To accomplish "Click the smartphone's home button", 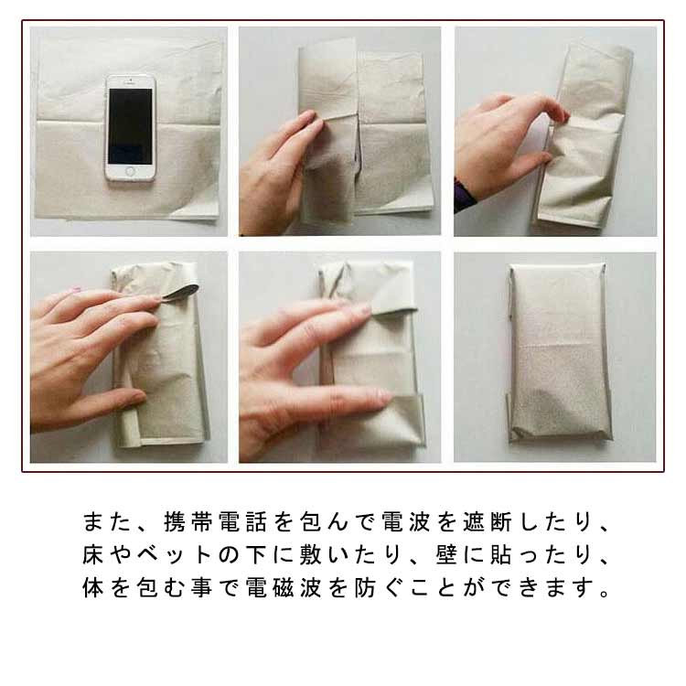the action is (130, 172).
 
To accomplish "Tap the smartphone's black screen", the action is (131, 126).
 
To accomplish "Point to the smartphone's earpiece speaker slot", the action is (130, 82).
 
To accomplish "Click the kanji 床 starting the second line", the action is (92, 554).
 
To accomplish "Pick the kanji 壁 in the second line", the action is (446, 554).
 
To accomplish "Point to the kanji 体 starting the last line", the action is (92, 587).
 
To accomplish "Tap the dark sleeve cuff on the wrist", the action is (464, 195).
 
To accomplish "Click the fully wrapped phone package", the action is (560, 352).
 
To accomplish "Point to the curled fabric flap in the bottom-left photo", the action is (182, 290).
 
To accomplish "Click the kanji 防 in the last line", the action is (365, 587).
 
